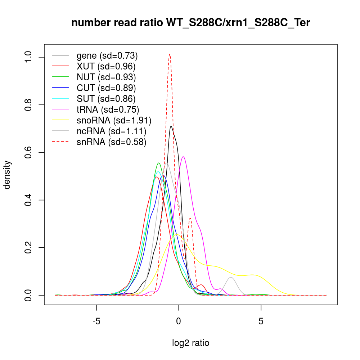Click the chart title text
pos(191,23)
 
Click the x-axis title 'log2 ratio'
pos(191,343)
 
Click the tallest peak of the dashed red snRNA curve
pos(170,54)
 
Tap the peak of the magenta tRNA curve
pos(184,157)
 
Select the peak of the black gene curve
pos(171,126)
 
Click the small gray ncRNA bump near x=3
pos(231,277)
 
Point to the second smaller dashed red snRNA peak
pos(190,218)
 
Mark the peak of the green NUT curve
pos(158,163)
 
